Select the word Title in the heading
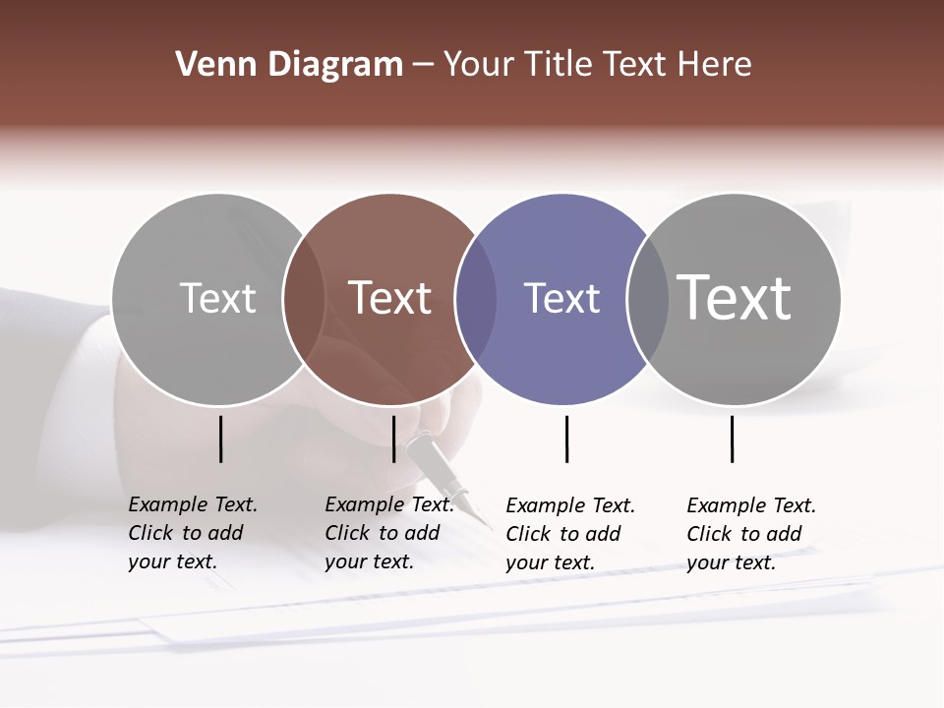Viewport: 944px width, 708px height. tap(558, 65)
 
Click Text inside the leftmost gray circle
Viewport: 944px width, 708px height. tap(217, 298)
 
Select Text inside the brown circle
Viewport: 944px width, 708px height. tap(389, 298)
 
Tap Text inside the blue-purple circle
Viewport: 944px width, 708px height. tap(561, 298)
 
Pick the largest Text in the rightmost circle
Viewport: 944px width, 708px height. tap(734, 298)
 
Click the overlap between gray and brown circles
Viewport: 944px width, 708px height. tap(304, 299)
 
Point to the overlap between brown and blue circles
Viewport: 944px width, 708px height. tap(476, 299)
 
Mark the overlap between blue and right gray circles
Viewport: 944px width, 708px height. tap(648, 299)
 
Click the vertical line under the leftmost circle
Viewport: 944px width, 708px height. tap(220, 439)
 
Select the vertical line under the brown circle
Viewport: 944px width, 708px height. tap(393, 439)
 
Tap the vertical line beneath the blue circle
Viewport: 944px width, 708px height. tap(566, 439)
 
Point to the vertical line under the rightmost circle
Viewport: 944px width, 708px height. tap(732, 439)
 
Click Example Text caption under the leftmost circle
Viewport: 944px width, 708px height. tap(193, 504)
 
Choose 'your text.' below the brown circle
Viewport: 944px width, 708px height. tap(369, 561)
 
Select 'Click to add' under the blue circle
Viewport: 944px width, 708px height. tap(562, 534)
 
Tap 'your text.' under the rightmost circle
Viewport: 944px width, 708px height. tap(731, 562)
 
